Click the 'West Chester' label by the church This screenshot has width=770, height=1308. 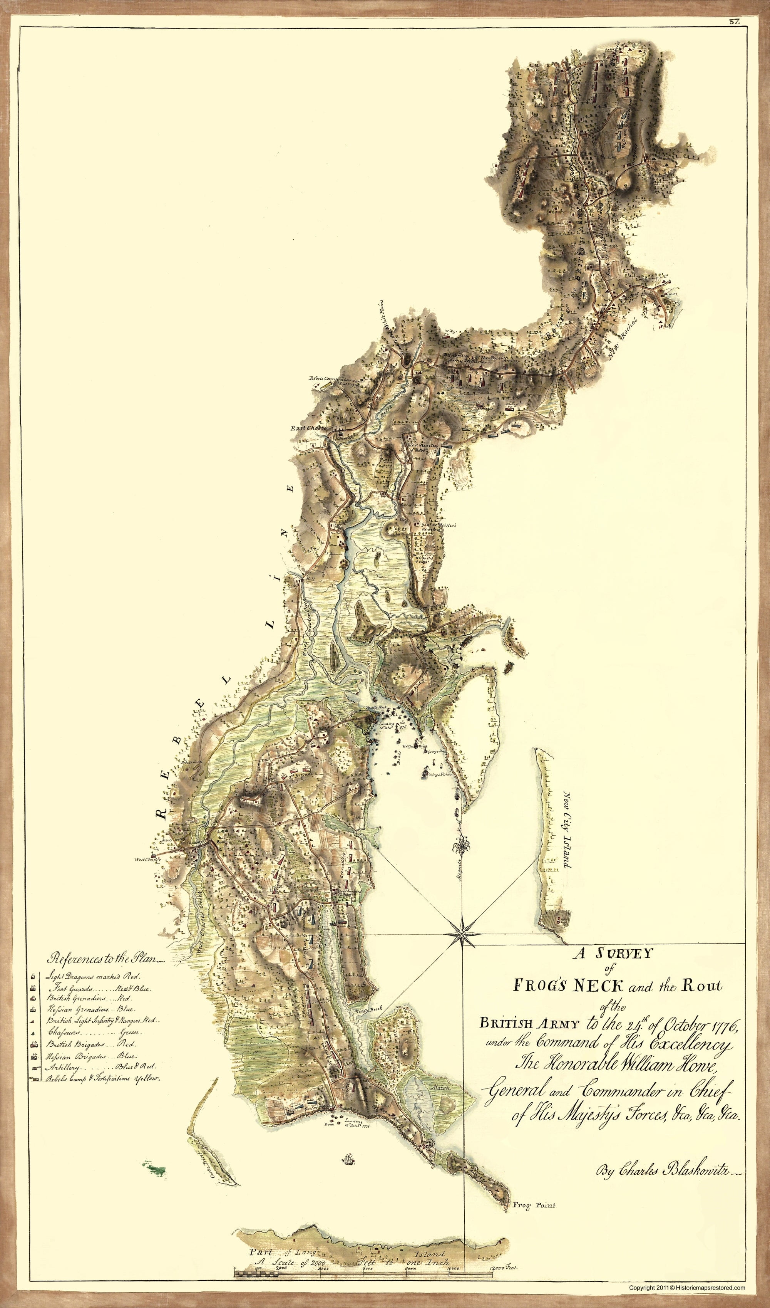click(148, 860)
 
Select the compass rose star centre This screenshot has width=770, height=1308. click(462, 933)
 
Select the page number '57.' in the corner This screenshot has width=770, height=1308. click(734, 22)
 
